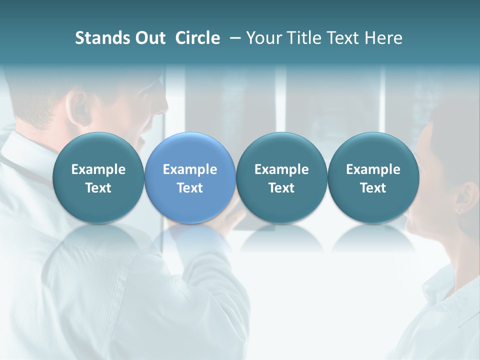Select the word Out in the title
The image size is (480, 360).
coord(148,38)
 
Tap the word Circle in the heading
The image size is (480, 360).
coord(197,38)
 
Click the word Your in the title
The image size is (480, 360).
coord(262,38)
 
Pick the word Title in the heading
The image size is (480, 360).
coord(301,38)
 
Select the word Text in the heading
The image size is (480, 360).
coord(341,38)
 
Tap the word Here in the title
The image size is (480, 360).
coord(383,38)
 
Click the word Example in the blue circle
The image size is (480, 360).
coord(190,169)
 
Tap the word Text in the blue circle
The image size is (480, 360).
coord(190,188)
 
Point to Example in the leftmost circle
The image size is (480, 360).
coord(98,169)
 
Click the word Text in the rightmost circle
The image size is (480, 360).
coord(373,188)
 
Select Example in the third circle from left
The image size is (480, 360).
coord(281,169)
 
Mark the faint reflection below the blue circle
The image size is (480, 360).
coord(190,240)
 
